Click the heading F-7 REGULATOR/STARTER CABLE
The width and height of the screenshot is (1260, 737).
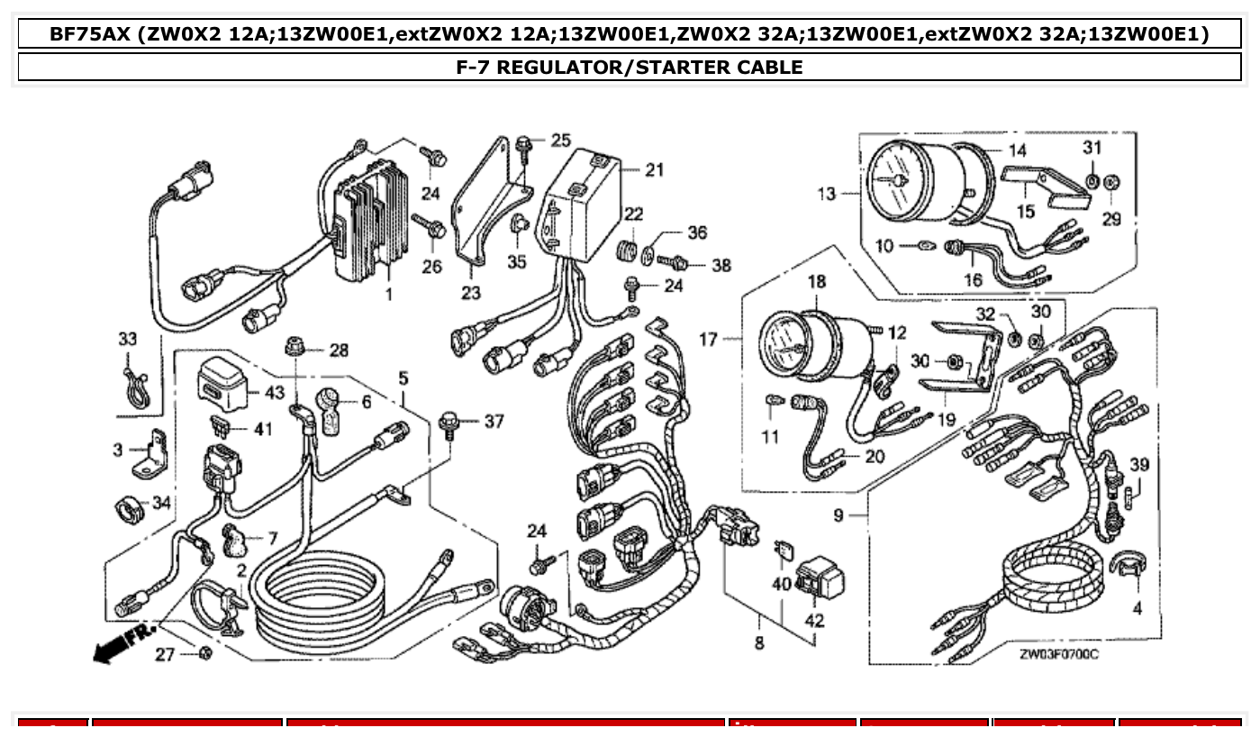[x=630, y=67]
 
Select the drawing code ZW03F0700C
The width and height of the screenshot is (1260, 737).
[x=1058, y=655]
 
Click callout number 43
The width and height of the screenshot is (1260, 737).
[x=273, y=394]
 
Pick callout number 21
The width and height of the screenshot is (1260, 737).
[x=654, y=169]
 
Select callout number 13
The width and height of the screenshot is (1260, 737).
[x=826, y=194]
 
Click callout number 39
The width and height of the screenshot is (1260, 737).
[x=1139, y=464]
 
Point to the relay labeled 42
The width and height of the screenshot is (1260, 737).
[x=818, y=577]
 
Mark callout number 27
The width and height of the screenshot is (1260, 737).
[x=164, y=655]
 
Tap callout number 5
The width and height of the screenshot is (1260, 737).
[x=403, y=378]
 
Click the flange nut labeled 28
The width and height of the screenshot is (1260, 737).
[x=294, y=347]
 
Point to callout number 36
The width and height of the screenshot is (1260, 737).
[x=696, y=232]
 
